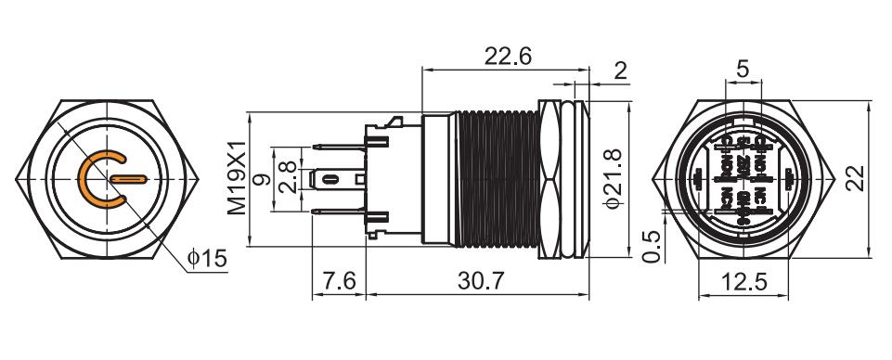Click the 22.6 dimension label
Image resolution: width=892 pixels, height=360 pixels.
coord(507,57)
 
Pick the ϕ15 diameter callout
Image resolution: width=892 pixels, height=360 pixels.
coord(206,259)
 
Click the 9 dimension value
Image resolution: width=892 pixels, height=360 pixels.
coord(264,177)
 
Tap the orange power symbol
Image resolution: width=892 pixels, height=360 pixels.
coord(106,177)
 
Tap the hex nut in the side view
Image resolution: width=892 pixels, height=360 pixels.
coord(553,177)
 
